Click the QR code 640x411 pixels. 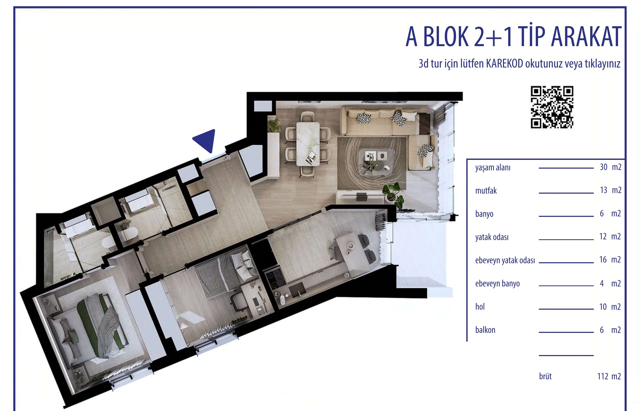552,107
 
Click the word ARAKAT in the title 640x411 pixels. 586,37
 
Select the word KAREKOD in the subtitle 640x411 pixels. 504,63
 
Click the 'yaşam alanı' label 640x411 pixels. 493,168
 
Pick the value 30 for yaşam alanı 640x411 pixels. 604,167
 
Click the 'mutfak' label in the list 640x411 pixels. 486,191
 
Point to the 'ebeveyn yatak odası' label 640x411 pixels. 505,260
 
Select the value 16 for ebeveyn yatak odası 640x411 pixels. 603,260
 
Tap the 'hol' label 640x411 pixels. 480,307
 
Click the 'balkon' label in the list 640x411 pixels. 485,330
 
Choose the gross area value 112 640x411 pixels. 603,376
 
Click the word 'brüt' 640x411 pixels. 546,376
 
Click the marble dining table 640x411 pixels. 308,144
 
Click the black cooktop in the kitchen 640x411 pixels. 275,279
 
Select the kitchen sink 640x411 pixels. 297,290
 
